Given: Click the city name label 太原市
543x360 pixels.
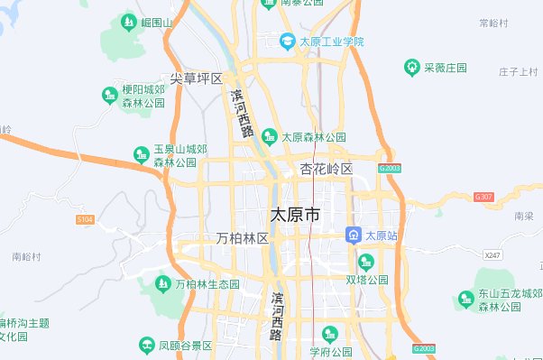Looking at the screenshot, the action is tap(294, 216).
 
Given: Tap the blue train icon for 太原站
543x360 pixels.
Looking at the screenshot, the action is tap(354, 235).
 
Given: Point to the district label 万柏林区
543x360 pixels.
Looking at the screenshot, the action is tap(243, 238).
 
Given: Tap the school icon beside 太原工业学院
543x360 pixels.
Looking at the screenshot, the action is tap(287, 42).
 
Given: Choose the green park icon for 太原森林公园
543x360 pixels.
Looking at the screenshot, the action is tap(269, 137).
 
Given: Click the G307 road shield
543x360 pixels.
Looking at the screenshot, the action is tap(484, 196).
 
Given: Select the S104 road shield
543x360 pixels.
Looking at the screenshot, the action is tap(86, 218).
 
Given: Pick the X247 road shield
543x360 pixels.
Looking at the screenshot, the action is tap(492, 255).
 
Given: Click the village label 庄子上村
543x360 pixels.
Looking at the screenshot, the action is tap(518, 71).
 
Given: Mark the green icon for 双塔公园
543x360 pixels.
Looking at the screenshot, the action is tap(365, 262).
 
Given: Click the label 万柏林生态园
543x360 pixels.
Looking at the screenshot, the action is tap(207, 284).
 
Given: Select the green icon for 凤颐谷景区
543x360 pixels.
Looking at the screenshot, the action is tap(146, 345).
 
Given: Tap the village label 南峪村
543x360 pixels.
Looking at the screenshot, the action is tap(27, 257).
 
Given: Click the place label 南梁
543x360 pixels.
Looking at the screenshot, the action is tap(523, 217).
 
